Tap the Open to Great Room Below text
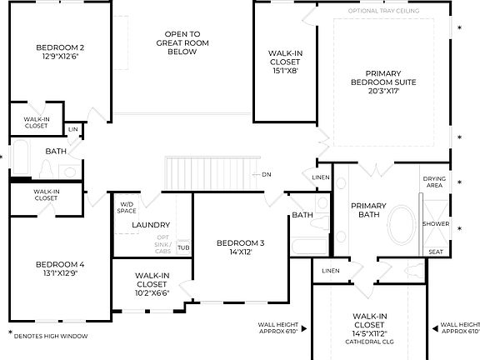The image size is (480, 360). [181, 42]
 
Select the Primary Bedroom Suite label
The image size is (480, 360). [384, 82]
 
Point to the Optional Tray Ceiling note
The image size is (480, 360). [383, 11]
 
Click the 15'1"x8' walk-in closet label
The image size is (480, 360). [285, 62]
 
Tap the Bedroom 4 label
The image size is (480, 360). [60, 269]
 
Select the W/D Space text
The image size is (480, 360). [127, 207]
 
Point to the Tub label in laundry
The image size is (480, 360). [182, 247]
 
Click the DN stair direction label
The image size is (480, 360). [267, 174]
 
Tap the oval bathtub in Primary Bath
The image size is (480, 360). [402, 224]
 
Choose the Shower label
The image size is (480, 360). [435, 223]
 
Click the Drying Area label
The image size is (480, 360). [434, 182]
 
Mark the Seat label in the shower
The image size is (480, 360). [435, 252]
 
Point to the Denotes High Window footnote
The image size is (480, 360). [47, 335]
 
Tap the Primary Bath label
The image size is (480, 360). [367, 211]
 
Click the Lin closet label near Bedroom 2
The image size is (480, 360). [73, 129]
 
